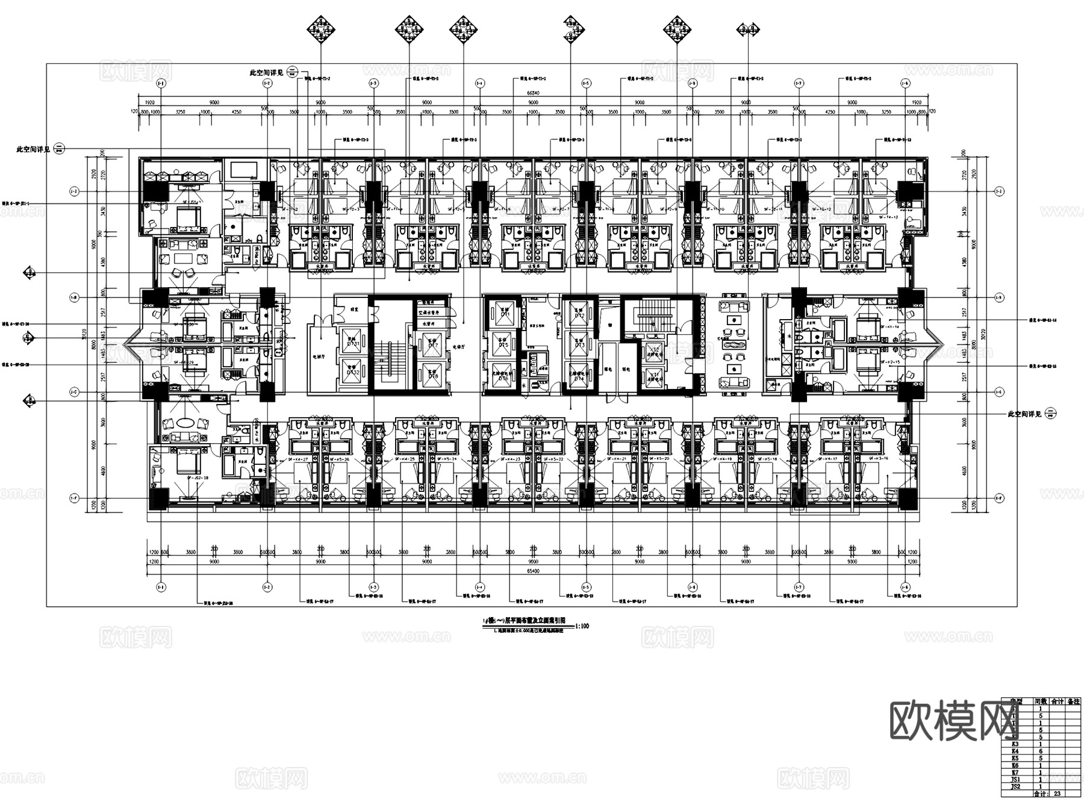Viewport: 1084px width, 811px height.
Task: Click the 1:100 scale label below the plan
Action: point(582,626)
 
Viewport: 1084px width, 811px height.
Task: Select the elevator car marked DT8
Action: point(434,376)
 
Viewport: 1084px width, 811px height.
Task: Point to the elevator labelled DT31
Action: point(352,344)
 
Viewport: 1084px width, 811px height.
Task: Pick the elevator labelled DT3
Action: point(579,345)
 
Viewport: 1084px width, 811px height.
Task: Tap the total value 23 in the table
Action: point(1057,794)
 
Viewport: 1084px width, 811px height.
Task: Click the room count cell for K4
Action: point(1040,751)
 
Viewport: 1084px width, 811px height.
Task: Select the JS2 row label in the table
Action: point(1015,787)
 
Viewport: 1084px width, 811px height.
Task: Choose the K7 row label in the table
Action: point(1015,772)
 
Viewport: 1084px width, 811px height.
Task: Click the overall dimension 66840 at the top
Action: point(533,93)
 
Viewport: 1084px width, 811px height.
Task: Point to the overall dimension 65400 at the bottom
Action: point(533,571)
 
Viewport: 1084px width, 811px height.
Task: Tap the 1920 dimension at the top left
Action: point(150,102)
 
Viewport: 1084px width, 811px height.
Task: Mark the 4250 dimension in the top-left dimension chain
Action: point(236,112)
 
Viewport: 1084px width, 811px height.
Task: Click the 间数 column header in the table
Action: point(1040,701)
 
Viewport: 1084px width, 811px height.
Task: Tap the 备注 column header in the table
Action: point(1073,701)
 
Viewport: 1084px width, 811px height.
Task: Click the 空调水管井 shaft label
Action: point(430,312)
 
